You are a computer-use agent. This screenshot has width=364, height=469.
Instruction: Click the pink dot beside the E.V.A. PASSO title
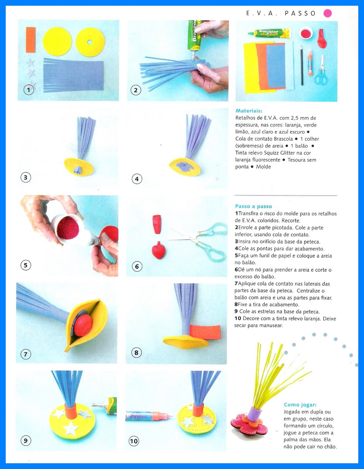point(327,13)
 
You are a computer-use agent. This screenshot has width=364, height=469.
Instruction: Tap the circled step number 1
point(29,90)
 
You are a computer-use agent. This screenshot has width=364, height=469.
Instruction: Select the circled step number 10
point(134,441)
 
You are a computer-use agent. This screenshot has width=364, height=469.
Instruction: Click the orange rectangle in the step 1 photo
point(30,40)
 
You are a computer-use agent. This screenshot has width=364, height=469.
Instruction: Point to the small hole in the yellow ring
point(90,42)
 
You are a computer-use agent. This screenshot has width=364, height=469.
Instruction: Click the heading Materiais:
point(249,111)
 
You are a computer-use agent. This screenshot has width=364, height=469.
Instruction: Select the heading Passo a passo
point(253,206)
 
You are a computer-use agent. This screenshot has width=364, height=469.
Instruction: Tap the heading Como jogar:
point(300,405)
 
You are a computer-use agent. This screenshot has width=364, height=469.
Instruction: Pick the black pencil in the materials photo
point(302,66)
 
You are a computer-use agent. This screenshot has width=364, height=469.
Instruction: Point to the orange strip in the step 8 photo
point(205,332)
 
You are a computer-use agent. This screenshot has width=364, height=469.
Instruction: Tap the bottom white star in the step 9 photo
point(71,428)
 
